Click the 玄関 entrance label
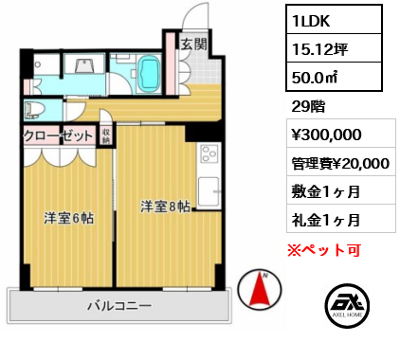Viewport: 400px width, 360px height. click(x=193, y=45)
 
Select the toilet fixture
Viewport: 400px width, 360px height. click(x=35, y=110)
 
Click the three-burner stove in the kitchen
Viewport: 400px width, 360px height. click(x=209, y=153)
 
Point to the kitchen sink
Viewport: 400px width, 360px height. click(x=209, y=191)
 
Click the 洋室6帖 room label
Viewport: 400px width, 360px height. click(x=68, y=218)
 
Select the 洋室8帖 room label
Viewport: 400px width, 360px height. click(x=165, y=207)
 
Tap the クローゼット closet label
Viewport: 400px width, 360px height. click(x=59, y=136)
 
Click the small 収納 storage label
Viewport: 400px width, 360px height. click(x=105, y=136)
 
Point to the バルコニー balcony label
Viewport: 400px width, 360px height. click(x=119, y=306)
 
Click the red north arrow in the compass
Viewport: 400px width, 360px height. click(x=260, y=289)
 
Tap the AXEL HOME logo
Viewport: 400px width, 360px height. click(x=347, y=305)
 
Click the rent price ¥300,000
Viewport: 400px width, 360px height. click(x=326, y=135)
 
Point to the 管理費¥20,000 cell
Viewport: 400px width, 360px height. click(x=341, y=162)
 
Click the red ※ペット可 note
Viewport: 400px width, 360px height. click(x=324, y=250)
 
